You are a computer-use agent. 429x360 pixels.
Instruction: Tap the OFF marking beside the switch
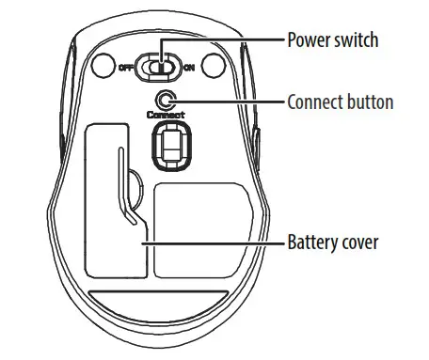pos(126,67)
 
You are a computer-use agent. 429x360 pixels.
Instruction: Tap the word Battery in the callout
pos(310,242)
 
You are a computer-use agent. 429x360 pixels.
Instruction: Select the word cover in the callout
pos(358,242)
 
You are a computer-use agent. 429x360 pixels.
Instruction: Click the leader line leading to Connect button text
pos(226,101)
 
